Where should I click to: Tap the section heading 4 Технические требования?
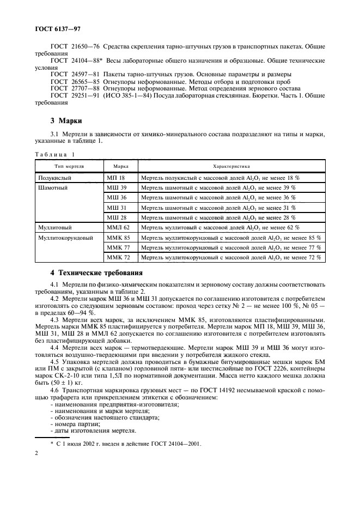coord(96,272)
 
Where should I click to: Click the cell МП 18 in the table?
coord(115,178)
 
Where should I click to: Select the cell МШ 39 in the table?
coord(116,187)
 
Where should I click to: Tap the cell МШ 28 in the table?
coord(116,217)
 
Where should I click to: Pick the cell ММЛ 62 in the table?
coord(118,227)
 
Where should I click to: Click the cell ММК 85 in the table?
coord(118,238)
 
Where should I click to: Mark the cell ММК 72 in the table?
coord(118,257)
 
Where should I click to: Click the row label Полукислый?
coord(55,178)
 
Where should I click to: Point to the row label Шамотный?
coord(53,187)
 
